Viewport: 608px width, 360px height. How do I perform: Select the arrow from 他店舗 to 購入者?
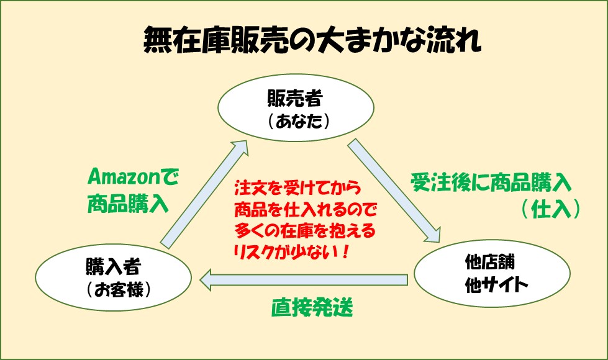pos(304,280)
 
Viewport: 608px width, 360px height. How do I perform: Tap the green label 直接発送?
pos(312,308)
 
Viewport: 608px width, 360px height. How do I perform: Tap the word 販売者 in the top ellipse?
pos(295,99)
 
